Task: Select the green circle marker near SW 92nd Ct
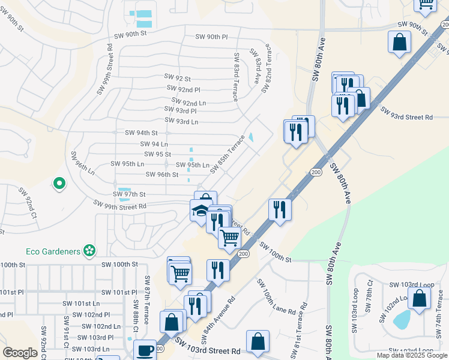[59, 184]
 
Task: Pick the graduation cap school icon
[200, 212]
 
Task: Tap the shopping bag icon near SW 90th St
[399, 43]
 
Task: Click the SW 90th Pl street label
[212, 37]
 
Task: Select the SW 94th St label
[141, 133]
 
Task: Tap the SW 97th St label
[130, 194]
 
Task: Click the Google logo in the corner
[20, 353]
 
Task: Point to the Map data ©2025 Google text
[412, 355]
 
